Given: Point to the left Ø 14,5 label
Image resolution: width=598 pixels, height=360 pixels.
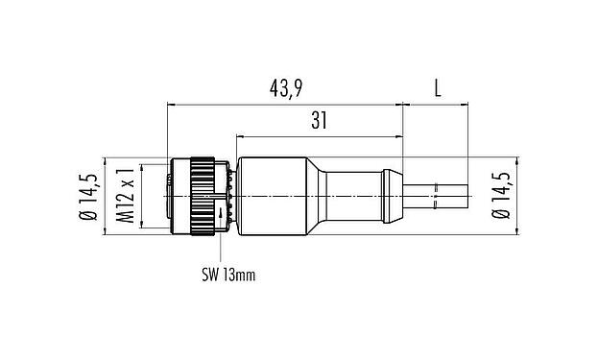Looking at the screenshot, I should (x=90, y=195).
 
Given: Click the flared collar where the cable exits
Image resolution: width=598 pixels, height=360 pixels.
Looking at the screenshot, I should (x=392, y=196).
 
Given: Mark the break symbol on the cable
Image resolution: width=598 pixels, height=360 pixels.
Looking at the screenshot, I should (x=437, y=197).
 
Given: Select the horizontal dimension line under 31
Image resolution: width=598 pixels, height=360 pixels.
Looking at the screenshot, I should (x=317, y=134).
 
